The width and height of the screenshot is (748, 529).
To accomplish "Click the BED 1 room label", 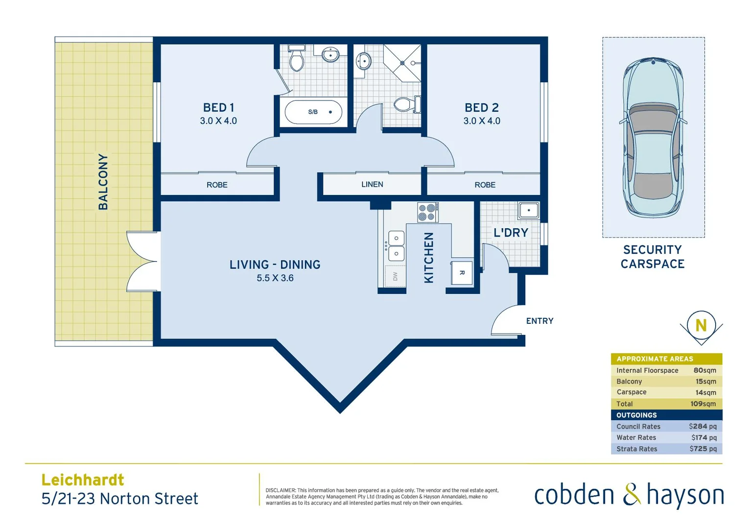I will coord(218,108).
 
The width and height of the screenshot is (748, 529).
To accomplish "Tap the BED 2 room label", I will coord(481,108).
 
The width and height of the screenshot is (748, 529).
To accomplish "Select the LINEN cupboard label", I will coord(372,185).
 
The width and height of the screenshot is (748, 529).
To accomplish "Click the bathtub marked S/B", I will coord(313,112).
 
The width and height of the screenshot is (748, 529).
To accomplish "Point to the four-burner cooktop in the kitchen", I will coord(427,213).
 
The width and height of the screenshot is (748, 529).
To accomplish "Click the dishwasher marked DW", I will coord(395,277).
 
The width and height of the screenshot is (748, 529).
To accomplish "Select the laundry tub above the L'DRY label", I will coord(528,211).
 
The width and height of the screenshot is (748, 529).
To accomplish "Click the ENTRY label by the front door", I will coord(539,321).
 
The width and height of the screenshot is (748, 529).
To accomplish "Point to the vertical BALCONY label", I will coord(103,182).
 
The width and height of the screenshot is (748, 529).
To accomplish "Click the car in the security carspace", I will coord(653,137).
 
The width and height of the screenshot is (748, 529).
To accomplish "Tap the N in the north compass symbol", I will coord(701,325).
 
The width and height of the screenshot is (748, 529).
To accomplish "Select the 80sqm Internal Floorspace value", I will coord(704,370).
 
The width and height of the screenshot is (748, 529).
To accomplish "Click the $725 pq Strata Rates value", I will coord(703,449).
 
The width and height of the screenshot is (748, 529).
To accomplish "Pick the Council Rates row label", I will coord(638,427).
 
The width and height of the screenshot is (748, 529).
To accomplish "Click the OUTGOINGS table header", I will coord(636,415).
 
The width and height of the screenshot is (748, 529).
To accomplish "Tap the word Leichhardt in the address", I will coord(83,480).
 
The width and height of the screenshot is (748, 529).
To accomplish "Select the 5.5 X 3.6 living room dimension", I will coord(275,278).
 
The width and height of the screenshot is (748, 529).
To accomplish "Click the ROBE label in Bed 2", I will coord(485,185).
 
